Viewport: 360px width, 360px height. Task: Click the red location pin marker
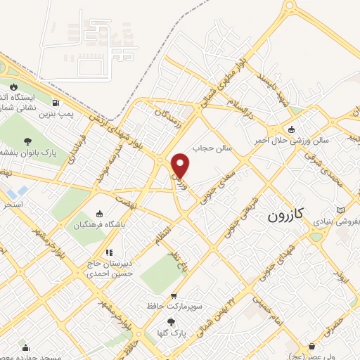pyautogui.click(x=181, y=165)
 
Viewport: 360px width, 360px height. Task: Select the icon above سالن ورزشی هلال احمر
pyautogui.click(x=292, y=129)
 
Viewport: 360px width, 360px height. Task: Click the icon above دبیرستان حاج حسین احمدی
pyautogui.click(x=108, y=252)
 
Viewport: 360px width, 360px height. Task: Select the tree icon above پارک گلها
pyautogui.click(x=172, y=321)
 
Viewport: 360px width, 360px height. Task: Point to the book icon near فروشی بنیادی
pyautogui.click(x=341, y=210)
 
